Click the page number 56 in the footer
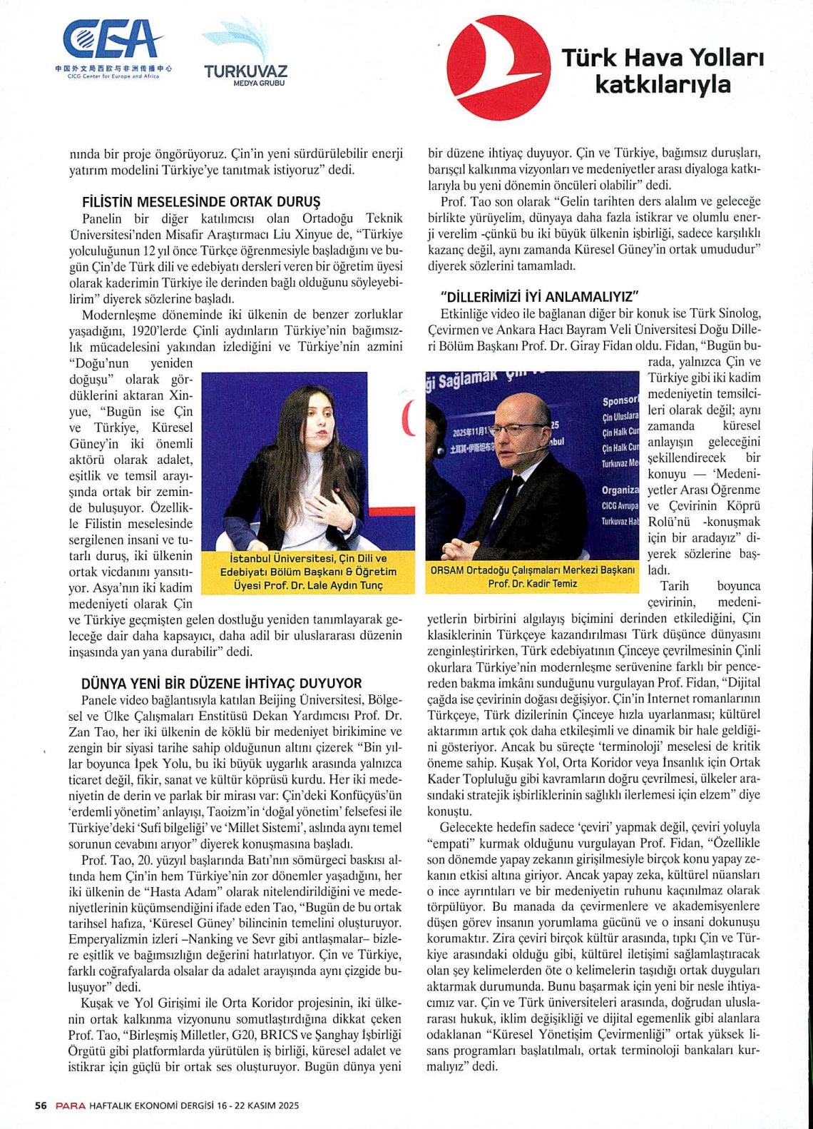click(x=41, y=1105)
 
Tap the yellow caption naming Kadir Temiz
click(x=532, y=577)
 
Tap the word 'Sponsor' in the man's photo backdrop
click(x=620, y=400)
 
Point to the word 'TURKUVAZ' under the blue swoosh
click(x=245, y=71)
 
